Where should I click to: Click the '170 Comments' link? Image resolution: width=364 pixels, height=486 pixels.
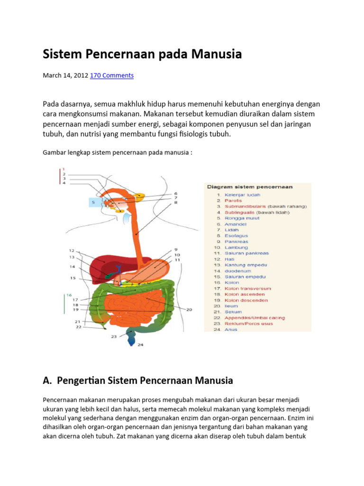(x=112, y=75)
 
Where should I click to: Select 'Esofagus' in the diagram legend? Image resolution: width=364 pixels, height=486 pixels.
(x=236, y=235)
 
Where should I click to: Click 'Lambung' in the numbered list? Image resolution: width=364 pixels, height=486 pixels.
(x=236, y=247)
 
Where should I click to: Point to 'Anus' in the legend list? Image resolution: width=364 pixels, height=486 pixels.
(x=231, y=329)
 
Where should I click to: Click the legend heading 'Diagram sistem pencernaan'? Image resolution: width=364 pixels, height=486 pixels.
(x=250, y=187)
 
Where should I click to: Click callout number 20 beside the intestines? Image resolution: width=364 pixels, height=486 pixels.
(x=189, y=309)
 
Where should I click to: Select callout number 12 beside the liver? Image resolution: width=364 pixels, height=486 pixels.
(x=72, y=250)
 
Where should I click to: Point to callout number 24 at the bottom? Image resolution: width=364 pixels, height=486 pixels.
(x=140, y=345)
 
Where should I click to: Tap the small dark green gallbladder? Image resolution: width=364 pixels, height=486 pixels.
(x=109, y=275)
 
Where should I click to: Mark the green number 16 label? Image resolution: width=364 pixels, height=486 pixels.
(x=69, y=295)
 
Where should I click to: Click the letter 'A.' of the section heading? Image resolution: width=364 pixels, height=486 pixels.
(x=47, y=380)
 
